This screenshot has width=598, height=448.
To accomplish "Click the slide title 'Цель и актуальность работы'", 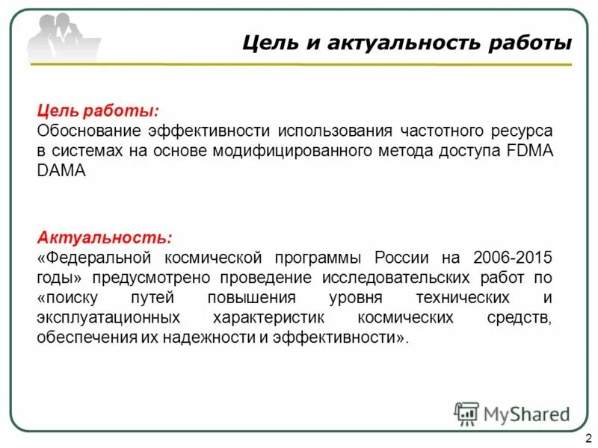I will coord(407,43).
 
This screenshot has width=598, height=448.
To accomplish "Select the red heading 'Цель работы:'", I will coord(97,111).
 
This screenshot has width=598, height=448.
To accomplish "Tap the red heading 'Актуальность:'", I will coord(105,238).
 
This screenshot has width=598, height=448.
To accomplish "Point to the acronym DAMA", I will coord(61,171).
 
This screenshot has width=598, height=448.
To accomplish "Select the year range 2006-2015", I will coord(512,258).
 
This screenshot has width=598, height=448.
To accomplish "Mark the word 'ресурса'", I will coord(522,131).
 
